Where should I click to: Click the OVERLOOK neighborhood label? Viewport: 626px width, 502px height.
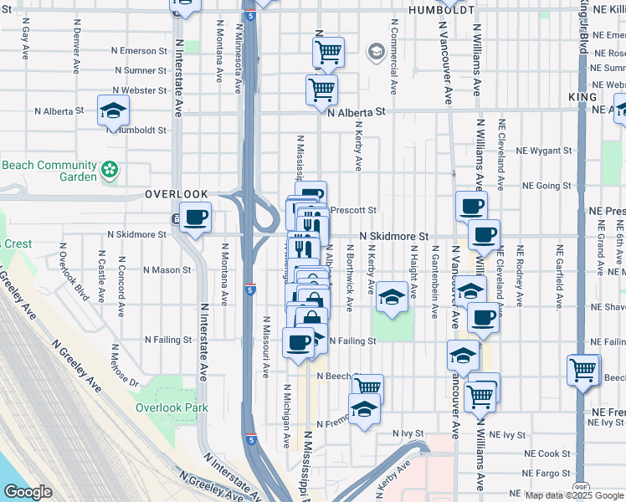point(175,193)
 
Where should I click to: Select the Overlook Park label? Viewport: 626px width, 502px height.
point(172,407)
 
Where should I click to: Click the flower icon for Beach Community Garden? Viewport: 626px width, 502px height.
point(109,171)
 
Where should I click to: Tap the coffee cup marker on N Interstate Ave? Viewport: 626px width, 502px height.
point(196,219)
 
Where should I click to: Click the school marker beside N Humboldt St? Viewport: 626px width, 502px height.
point(113,110)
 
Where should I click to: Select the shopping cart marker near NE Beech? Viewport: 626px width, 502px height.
point(583,370)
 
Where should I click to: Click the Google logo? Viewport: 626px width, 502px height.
point(28,492)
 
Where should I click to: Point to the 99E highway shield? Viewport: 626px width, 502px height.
point(582,484)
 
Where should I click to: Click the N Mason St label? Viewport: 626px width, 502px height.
point(167,270)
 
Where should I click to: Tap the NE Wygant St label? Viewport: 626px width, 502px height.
point(543,151)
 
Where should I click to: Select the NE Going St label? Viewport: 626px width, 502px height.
point(546,186)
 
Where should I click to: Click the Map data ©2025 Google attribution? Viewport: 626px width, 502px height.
point(574,495)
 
